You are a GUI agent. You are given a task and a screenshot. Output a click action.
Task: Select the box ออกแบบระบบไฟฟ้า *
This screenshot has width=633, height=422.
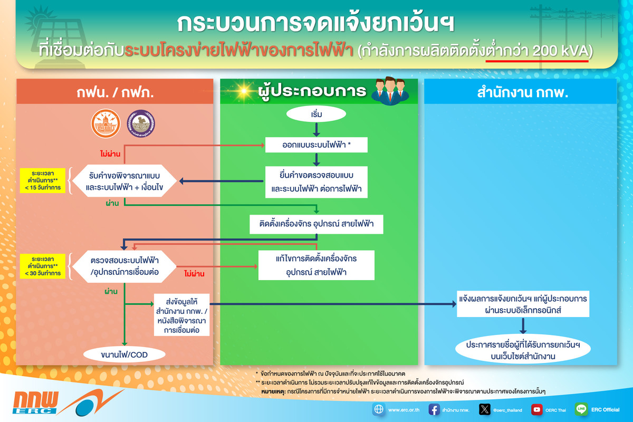coord(316,144)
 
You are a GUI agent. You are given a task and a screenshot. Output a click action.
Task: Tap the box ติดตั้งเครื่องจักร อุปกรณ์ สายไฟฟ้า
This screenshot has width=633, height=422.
coord(316,224)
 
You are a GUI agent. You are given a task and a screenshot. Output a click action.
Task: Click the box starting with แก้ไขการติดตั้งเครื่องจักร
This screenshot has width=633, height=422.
coord(316,265)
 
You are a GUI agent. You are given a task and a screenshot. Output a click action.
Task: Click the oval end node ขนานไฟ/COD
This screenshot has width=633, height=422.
coord(124,354)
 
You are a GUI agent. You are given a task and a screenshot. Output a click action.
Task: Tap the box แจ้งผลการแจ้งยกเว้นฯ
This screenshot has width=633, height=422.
coord(522,304)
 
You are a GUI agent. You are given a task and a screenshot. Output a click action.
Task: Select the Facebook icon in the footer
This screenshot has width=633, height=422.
coord(434,409)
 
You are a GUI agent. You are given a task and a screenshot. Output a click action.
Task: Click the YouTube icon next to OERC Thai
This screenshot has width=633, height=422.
coord(536,409)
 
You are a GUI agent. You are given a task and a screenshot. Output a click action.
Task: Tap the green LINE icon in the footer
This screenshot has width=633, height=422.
coord(582,409)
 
